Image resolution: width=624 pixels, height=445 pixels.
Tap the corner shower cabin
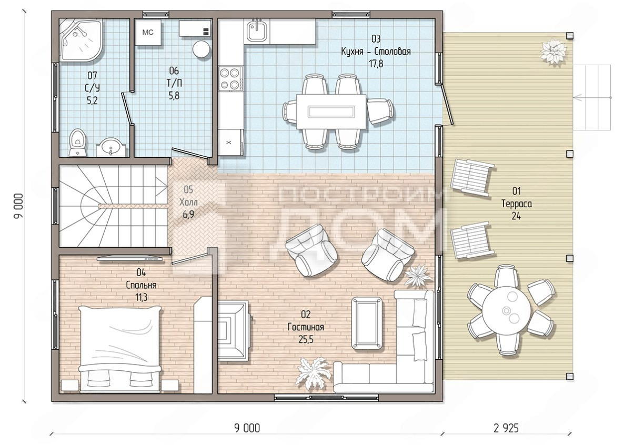click(80, 41)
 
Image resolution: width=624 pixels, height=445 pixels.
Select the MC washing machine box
click(148, 32)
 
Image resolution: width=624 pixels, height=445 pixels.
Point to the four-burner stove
click(230, 78)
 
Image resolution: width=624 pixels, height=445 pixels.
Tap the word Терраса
click(517, 204)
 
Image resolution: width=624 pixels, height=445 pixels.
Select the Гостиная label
click(306, 327)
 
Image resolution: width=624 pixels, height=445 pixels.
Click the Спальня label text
click(142, 286)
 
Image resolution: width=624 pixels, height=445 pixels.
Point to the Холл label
click(189, 202)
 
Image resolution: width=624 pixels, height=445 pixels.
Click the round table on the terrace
click(507, 310)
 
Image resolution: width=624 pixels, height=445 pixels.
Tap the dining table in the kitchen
click(331, 111)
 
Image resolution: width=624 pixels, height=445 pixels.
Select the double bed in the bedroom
click(119, 349)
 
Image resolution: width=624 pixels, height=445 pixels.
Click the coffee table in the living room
click(367, 323)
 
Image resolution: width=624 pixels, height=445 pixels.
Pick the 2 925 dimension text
click(506, 428)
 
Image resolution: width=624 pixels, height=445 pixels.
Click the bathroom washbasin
click(112, 147)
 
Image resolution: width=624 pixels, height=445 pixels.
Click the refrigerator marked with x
click(230, 141)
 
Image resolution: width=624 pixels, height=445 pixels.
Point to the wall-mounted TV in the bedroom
click(131, 259)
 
